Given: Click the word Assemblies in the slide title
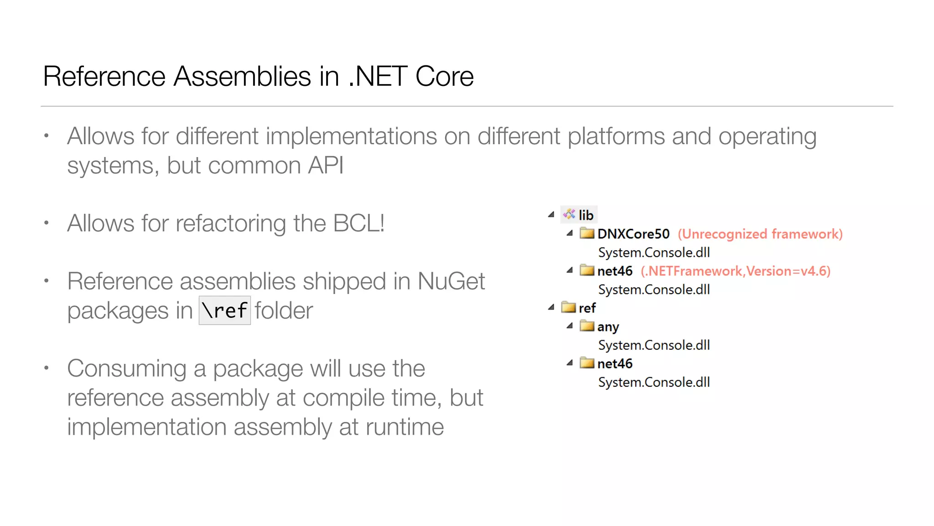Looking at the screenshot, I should click(243, 76).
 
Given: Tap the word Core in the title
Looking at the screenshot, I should click(444, 76).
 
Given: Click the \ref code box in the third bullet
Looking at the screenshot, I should click(224, 310).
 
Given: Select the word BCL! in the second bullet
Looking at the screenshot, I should click(359, 223).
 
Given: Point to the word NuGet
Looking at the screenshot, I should click(451, 281).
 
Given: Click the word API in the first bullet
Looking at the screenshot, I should click(325, 165).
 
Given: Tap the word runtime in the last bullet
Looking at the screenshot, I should click(404, 427).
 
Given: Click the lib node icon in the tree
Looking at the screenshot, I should click(569, 214).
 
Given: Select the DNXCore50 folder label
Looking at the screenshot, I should click(633, 234).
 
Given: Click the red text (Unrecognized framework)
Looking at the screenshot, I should click(760, 234).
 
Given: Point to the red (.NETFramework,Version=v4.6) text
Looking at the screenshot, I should click(735, 271).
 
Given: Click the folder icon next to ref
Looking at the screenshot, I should click(569, 307).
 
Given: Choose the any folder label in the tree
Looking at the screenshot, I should click(608, 327).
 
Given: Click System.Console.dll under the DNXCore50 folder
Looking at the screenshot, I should click(654, 252).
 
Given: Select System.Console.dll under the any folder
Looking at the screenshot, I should click(654, 345).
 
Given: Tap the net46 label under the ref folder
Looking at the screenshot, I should click(614, 364).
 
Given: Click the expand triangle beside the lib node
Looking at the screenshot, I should click(551, 214).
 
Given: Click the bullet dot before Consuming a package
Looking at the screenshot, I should click(46, 368).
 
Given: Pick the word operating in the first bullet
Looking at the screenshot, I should click(767, 137).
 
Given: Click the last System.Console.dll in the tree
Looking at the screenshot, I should click(654, 382).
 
